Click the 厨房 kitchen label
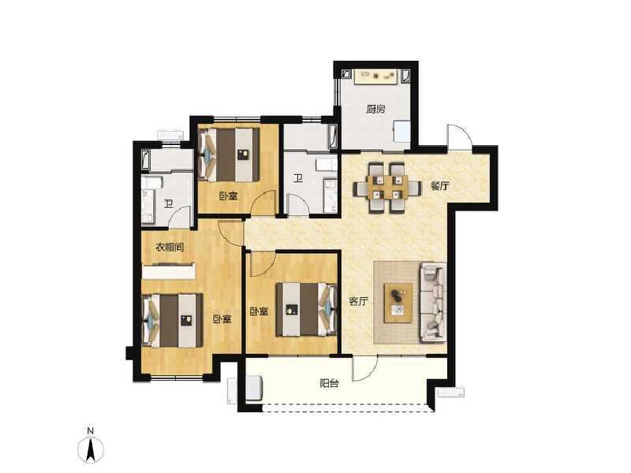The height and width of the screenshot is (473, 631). point(375,110)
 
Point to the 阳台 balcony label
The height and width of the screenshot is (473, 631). point(330,384)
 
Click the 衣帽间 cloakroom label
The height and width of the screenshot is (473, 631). point(170,247)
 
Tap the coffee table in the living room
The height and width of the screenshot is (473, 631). point(399,300)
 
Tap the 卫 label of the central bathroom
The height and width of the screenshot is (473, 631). point(298,178)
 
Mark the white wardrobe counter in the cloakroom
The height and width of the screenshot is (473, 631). point(168,272)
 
